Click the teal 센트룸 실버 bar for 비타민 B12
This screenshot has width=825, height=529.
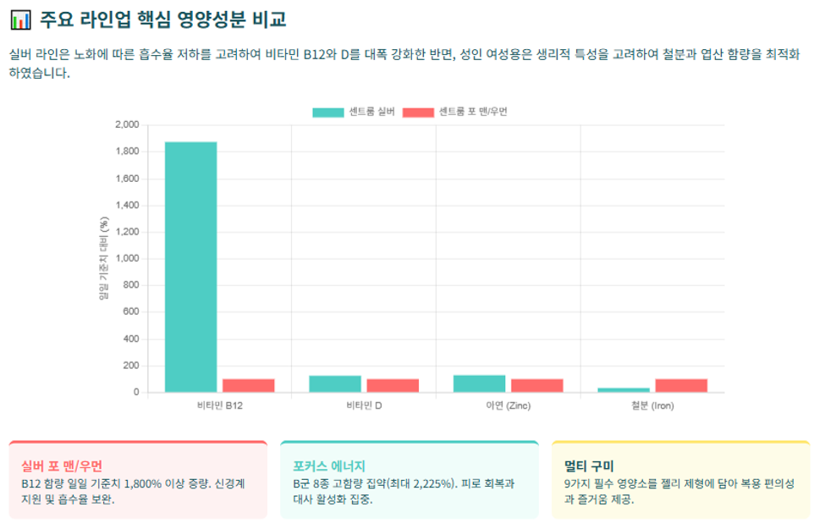click(x=190, y=267)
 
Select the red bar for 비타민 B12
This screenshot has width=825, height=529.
click(x=248, y=385)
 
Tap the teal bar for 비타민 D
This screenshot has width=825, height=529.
click(x=335, y=383)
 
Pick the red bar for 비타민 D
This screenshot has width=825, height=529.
click(x=393, y=385)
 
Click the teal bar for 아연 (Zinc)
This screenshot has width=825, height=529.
click(x=479, y=383)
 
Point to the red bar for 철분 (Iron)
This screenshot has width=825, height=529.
click(x=681, y=385)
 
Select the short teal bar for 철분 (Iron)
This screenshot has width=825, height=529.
click(x=624, y=390)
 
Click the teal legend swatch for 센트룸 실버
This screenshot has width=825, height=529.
click(x=327, y=112)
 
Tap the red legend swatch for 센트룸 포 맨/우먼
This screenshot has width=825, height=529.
click(x=418, y=112)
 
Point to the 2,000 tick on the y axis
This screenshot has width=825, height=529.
click(x=127, y=124)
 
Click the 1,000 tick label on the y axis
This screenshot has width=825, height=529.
click(x=127, y=258)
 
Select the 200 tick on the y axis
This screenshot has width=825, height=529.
click(x=131, y=366)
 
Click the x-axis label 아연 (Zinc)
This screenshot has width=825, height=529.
click(x=509, y=405)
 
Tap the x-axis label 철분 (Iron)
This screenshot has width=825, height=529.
click(x=652, y=405)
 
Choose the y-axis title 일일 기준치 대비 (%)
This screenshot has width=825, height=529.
click(x=103, y=258)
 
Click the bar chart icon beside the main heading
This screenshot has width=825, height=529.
click(x=20, y=20)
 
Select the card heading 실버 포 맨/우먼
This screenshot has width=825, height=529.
click(x=62, y=466)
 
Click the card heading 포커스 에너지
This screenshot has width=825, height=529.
click(x=329, y=466)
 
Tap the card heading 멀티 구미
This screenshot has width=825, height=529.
click(x=589, y=466)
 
